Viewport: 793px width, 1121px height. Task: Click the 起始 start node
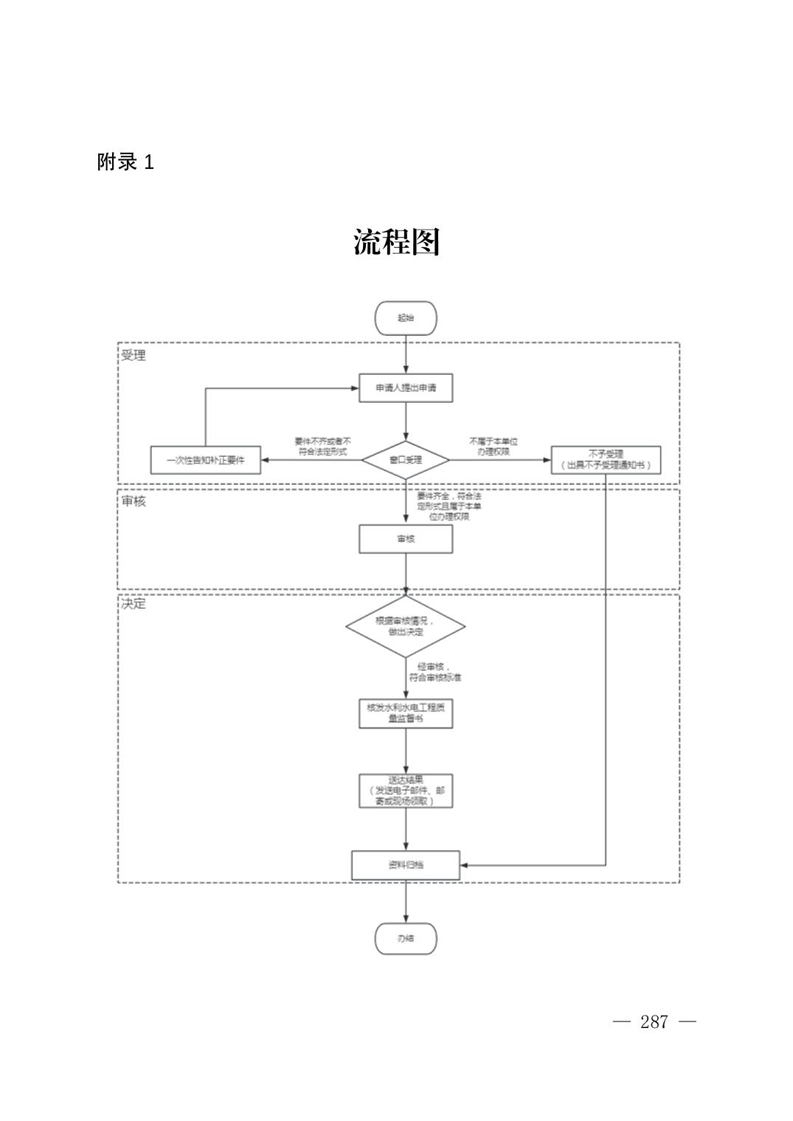click(x=406, y=318)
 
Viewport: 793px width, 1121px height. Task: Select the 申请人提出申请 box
click(x=406, y=387)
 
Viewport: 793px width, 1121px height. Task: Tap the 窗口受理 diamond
click(x=406, y=460)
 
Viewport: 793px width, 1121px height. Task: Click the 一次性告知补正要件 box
click(x=205, y=460)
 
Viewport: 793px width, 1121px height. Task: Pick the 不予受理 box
click(x=606, y=460)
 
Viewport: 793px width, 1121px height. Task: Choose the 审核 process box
click(x=406, y=539)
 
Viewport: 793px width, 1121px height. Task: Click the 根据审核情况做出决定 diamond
click(x=406, y=627)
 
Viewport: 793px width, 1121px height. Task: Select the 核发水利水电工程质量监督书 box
click(x=406, y=713)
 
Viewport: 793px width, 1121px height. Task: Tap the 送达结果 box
click(x=406, y=790)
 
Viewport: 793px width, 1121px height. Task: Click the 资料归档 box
click(x=406, y=865)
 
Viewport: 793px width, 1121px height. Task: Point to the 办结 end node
click(x=406, y=939)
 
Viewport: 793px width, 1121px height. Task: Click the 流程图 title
click(x=396, y=242)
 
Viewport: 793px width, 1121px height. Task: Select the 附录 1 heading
click(x=125, y=162)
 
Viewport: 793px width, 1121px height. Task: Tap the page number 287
click(x=654, y=1022)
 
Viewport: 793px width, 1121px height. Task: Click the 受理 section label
click(x=134, y=356)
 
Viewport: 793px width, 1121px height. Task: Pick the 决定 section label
click(x=134, y=604)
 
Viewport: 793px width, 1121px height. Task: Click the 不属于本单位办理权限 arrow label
click(x=493, y=446)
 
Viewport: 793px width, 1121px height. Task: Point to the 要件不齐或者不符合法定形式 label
click(x=322, y=446)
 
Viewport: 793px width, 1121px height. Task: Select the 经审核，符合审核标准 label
click(x=435, y=672)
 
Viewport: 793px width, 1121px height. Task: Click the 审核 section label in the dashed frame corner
click(x=134, y=502)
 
